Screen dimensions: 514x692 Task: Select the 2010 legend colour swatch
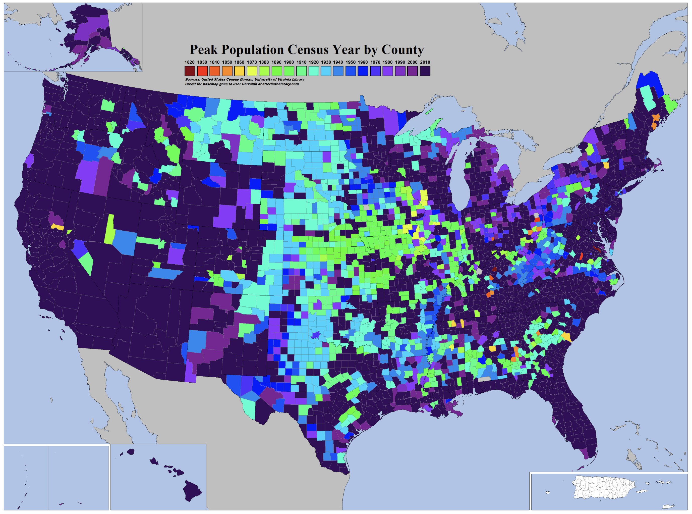(x=425, y=71)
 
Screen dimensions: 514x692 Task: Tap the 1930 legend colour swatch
(x=326, y=71)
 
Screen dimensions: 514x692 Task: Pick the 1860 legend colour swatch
(x=239, y=71)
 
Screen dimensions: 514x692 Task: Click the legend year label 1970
(x=375, y=62)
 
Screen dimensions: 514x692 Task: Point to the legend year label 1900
(x=289, y=62)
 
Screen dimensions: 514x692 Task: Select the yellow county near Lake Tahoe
(x=58, y=227)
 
